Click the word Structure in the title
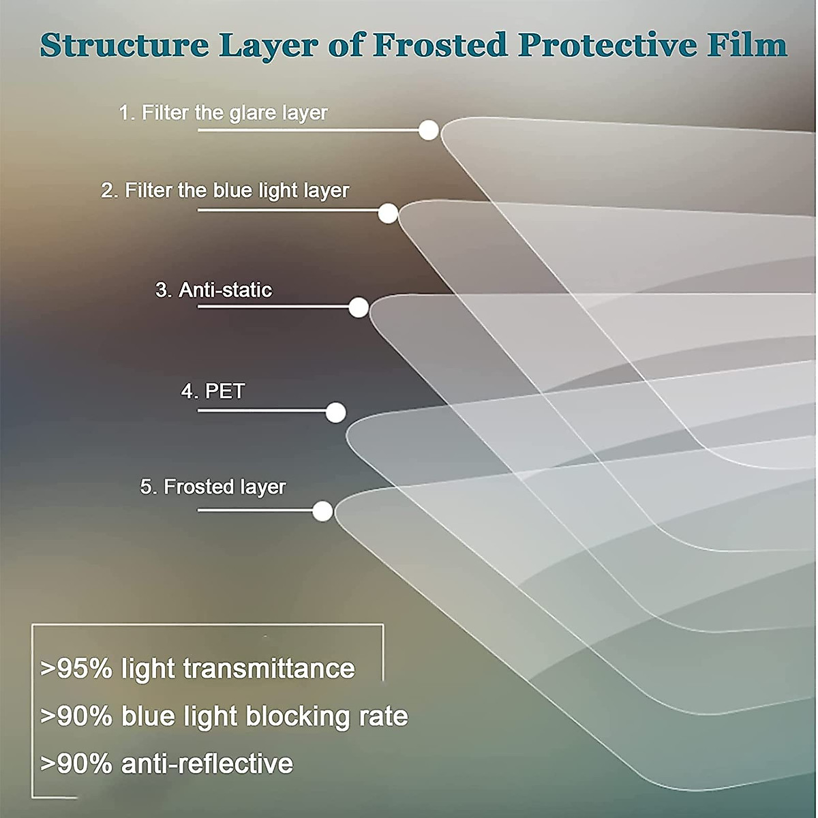(x=125, y=45)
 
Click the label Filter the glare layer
(x=223, y=112)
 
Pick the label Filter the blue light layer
(x=225, y=190)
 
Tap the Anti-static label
(x=213, y=290)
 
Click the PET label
(x=213, y=391)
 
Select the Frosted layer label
(x=213, y=487)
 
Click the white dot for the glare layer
(x=429, y=130)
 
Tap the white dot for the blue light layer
(x=388, y=213)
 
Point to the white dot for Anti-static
(x=359, y=307)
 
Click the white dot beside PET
(x=335, y=412)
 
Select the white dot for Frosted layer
(x=322, y=511)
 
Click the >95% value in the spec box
(x=76, y=669)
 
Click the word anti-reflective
(x=207, y=763)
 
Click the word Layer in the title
(x=269, y=45)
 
